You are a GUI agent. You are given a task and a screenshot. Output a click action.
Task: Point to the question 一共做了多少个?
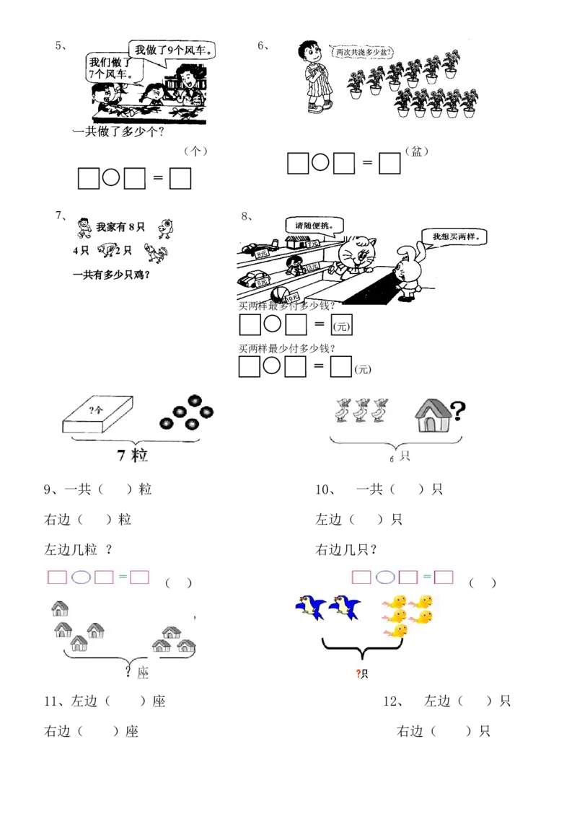pos(119,133)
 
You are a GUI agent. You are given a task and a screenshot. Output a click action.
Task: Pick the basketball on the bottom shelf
pos(279,294)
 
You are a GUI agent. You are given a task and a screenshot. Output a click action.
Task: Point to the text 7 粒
pos(133,455)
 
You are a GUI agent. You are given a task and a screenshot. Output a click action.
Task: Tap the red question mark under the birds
pos(358,674)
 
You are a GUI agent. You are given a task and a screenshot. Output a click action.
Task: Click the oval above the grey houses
pos(82,577)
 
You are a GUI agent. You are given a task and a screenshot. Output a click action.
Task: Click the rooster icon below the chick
pos(154,253)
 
